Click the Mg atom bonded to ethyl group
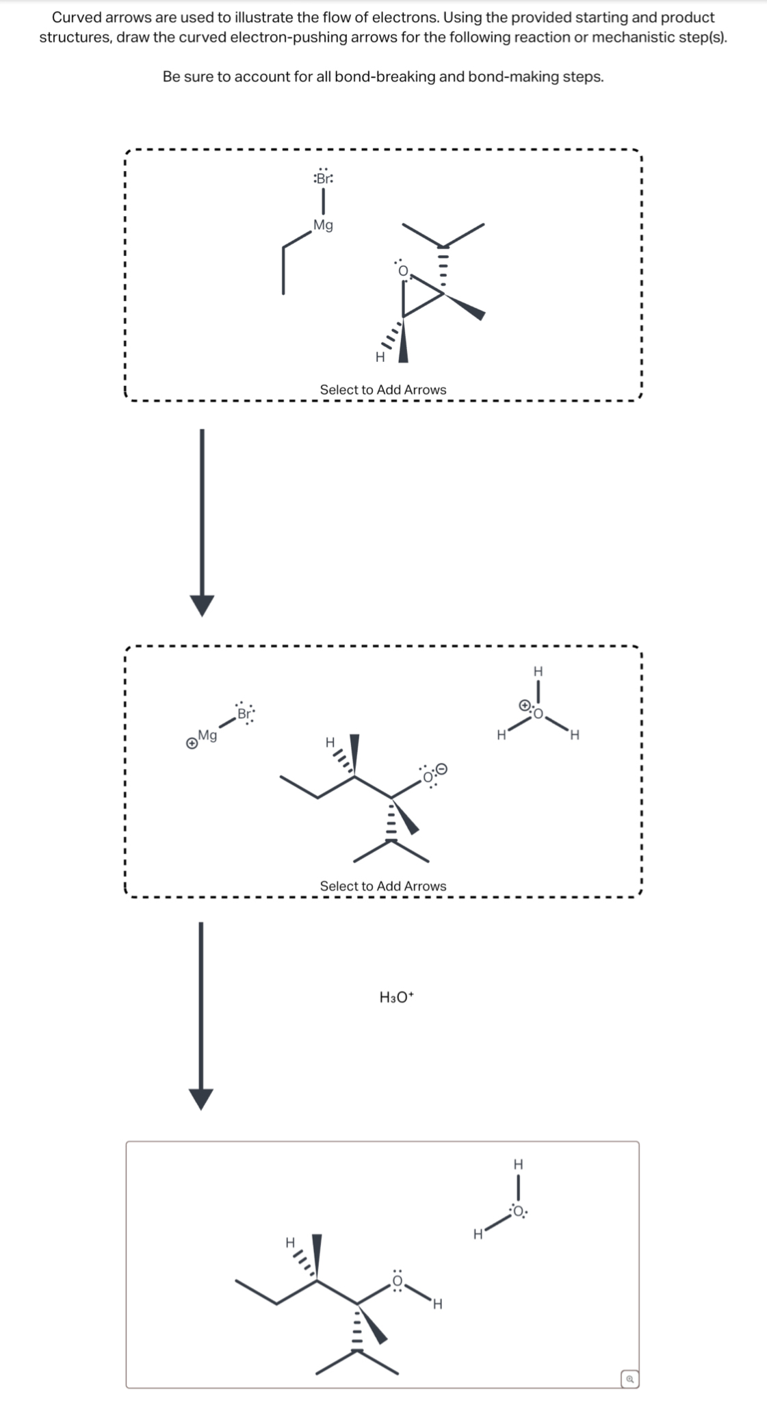pos(323,225)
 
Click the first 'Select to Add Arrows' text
pos(382,389)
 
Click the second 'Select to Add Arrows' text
pos(382,885)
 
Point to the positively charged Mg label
pos(207,736)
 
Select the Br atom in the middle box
pos(244,713)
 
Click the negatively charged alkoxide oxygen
pos(429,776)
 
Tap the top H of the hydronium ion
pos(538,670)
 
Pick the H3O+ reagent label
pos(397,997)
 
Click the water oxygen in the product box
pos(518,1212)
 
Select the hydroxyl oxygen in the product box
pos(398,1280)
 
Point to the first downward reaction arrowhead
pos(201,604)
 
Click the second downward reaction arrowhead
pos(201,1098)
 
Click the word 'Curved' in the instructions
pos(76,17)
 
